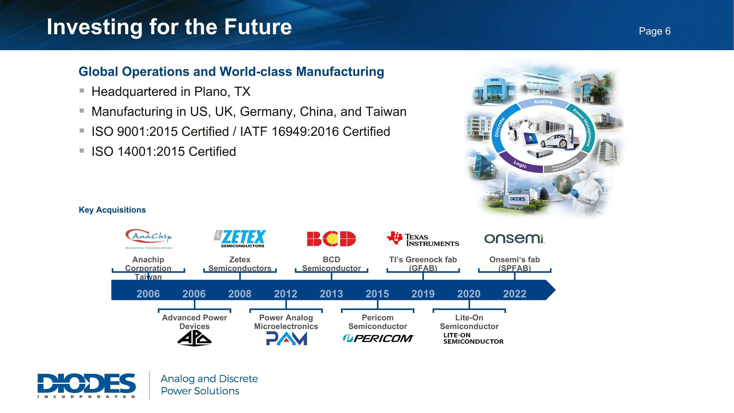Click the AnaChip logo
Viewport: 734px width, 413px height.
click(149, 238)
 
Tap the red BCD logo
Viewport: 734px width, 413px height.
click(331, 239)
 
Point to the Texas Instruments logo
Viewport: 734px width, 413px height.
click(423, 239)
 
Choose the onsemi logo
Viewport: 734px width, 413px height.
click(514, 238)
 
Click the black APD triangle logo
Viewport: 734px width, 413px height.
click(194, 339)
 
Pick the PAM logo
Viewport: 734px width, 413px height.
click(286, 339)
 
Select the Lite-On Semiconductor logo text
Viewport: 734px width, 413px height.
click(473, 338)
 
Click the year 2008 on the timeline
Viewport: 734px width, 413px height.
click(240, 294)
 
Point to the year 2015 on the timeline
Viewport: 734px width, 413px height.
click(377, 294)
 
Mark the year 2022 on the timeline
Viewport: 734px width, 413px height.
click(514, 294)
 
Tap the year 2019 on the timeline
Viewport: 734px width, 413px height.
click(423, 294)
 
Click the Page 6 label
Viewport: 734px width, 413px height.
click(654, 31)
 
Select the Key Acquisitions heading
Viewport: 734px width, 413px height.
click(112, 210)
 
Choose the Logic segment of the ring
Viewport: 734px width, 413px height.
click(520, 164)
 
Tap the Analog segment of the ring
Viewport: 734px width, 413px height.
click(543, 102)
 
